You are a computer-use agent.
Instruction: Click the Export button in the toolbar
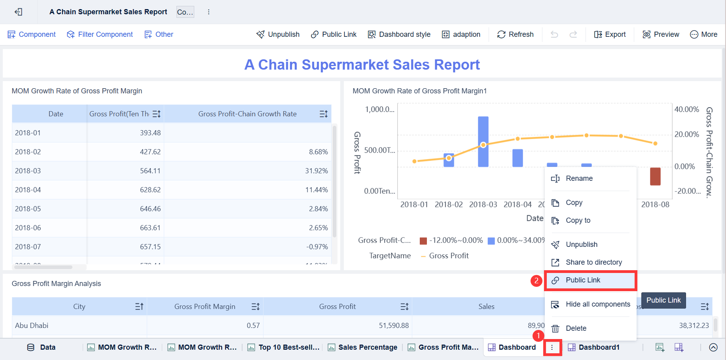610,34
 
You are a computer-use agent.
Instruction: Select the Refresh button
515,34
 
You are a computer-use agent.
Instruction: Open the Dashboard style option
399,34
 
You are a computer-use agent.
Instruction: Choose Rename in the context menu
579,178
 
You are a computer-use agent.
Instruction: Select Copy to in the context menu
578,220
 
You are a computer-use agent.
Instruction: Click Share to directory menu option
593,262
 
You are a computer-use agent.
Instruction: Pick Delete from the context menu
576,328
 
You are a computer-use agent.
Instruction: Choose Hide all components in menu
597,304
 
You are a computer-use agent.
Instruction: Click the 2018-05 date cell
28,209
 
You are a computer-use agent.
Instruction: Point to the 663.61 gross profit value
150,228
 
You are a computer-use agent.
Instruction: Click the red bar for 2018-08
655,176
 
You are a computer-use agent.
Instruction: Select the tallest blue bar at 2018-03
483,142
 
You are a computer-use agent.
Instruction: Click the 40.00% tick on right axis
686,110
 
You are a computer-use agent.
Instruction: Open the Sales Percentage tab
367,347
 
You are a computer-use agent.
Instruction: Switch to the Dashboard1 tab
599,347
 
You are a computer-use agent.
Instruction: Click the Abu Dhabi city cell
32,326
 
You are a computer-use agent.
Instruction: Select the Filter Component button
100,34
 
